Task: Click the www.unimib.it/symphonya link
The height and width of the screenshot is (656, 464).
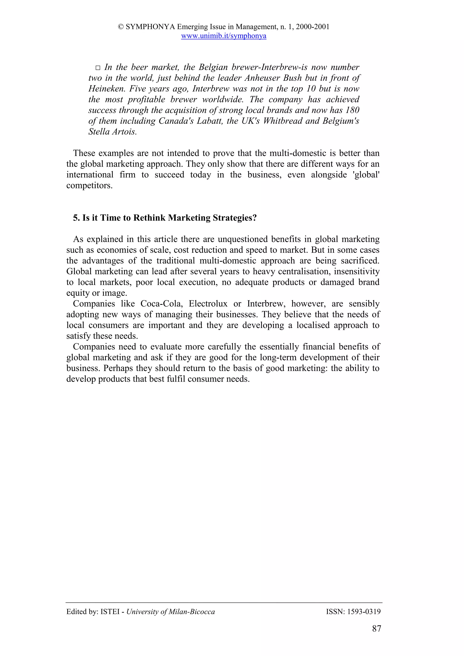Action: pyautogui.click(x=224, y=36)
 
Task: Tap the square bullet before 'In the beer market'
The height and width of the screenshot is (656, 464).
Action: pyautogui.click(x=98, y=68)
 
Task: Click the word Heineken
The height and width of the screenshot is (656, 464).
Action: pyautogui.click(x=107, y=89)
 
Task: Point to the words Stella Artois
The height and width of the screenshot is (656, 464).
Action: pyautogui.click(x=112, y=132)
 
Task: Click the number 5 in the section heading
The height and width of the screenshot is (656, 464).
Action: pyautogui.click(x=75, y=218)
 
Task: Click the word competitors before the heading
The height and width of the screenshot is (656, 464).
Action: pyautogui.click(x=89, y=186)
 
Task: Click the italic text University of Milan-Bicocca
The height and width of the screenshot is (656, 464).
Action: pyautogui.click(x=170, y=612)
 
